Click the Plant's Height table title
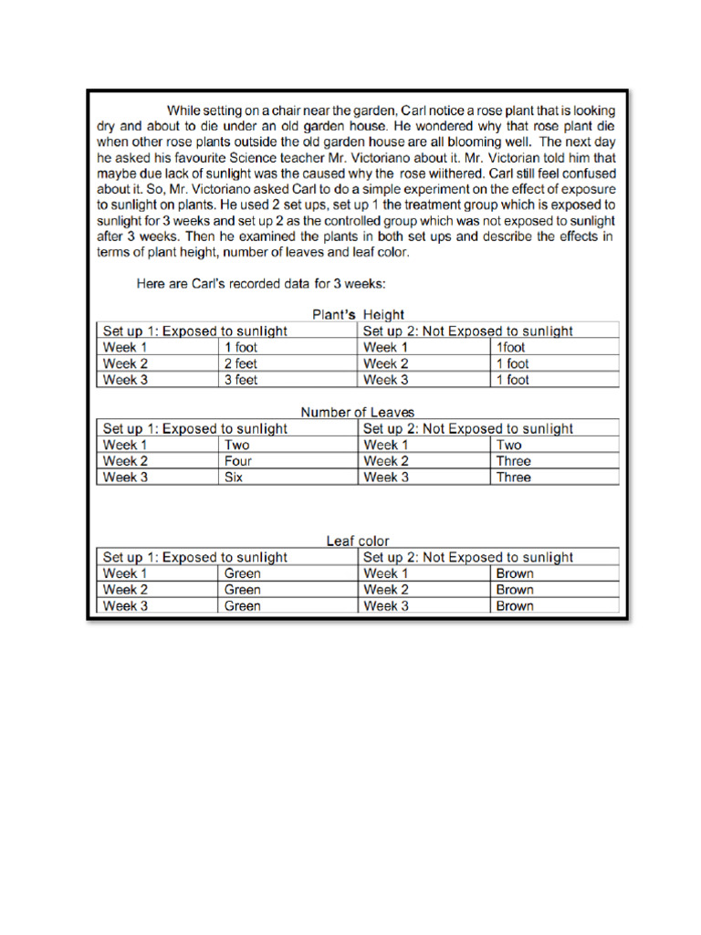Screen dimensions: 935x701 click(358, 315)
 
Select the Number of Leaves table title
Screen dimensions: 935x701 click(358, 413)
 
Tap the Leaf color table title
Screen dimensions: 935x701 click(358, 541)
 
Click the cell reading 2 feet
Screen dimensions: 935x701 click(241, 363)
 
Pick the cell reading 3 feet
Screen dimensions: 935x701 click(241, 380)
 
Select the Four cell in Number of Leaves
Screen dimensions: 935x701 click(238, 461)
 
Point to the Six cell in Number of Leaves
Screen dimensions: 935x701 click(234, 478)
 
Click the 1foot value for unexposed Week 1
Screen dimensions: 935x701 click(511, 347)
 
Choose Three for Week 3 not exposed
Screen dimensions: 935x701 click(513, 478)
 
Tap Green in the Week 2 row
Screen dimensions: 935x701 click(243, 590)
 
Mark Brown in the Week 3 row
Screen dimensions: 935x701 click(515, 606)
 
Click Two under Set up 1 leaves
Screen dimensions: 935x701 click(237, 445)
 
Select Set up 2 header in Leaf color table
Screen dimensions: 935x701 click(468, 557)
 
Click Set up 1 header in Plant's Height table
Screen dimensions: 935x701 click(195, 331)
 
